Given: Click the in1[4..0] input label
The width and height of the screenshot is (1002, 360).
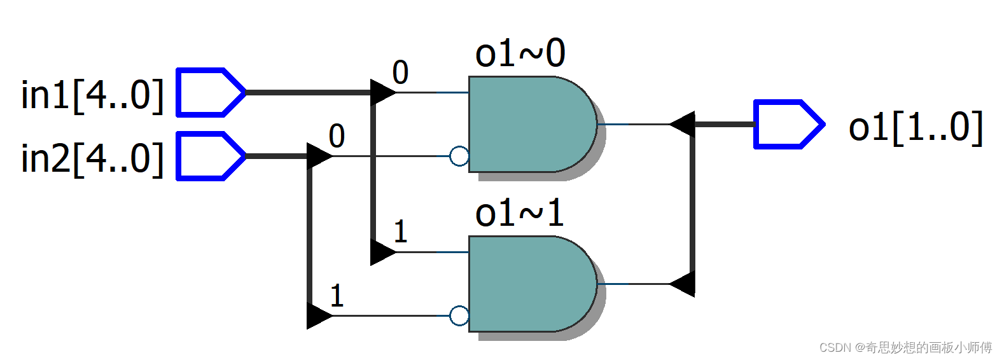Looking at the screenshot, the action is pos(93,95).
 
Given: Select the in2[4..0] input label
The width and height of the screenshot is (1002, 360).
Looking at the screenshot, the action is pos(93,159).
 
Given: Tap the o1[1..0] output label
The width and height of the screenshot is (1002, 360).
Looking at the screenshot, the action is pos(915,127).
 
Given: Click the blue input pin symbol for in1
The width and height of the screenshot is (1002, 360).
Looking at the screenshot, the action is pos(211,93).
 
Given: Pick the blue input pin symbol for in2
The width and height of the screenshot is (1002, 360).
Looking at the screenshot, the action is pos(211,156).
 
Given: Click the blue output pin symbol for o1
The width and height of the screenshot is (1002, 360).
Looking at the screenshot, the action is pos(789,124).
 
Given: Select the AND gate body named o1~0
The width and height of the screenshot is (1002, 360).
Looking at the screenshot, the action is pos(532,124).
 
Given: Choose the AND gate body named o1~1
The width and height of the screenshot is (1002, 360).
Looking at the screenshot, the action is pos(532,284).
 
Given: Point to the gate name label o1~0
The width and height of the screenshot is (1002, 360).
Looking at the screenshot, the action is pos(520,53).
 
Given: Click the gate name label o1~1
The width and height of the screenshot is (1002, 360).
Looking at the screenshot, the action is pos(519,214).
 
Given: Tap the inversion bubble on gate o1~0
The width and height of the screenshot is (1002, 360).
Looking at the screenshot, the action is pos(459,156).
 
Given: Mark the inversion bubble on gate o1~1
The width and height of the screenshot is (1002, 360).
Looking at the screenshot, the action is pos(459,315).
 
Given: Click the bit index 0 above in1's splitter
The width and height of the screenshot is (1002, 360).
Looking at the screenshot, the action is pos(400,73).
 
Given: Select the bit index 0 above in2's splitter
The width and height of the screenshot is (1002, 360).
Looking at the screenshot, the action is pos(337,136).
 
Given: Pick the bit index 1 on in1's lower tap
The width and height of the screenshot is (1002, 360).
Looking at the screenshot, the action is pos(401,232).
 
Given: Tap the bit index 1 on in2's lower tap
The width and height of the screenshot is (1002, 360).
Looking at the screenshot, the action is pos(337,296).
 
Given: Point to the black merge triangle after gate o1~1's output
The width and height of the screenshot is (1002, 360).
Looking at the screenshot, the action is pos(683,284).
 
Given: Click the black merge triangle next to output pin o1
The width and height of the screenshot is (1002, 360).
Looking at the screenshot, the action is pos(683,124).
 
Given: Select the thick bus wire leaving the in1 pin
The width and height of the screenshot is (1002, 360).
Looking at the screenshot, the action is pos(308,93).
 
